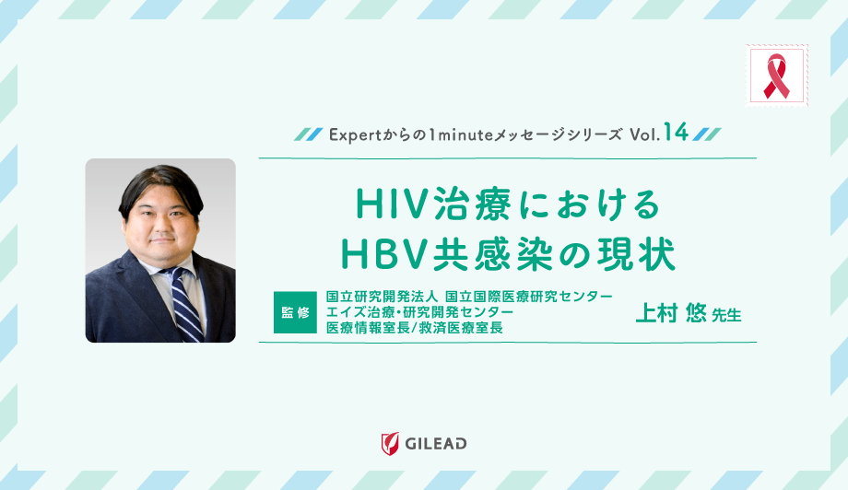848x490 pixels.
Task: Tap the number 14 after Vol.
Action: (675, 133)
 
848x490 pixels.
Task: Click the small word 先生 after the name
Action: (726, 315)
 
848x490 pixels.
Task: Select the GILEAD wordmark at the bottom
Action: (436, 444)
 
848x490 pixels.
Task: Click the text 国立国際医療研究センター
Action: (528, 297)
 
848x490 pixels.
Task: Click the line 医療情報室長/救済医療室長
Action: (415, 328)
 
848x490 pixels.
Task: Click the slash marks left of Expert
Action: (308, 134)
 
